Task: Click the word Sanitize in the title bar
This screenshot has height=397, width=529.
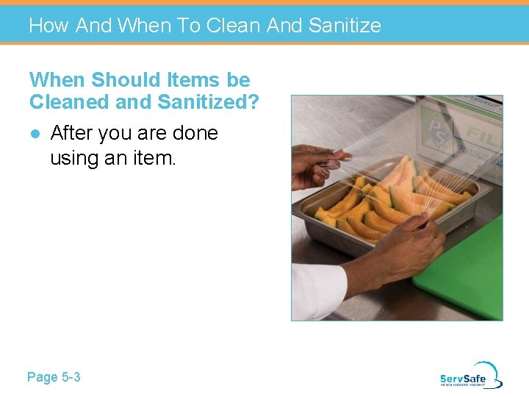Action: [x=345, y=26]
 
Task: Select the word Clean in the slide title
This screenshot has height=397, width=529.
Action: [x=234, y=26]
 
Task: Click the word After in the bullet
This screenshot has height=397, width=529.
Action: [x=73, y=133]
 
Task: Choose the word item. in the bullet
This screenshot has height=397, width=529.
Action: [x=152, y=157]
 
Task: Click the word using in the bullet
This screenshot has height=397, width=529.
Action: [x=76, y=158]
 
